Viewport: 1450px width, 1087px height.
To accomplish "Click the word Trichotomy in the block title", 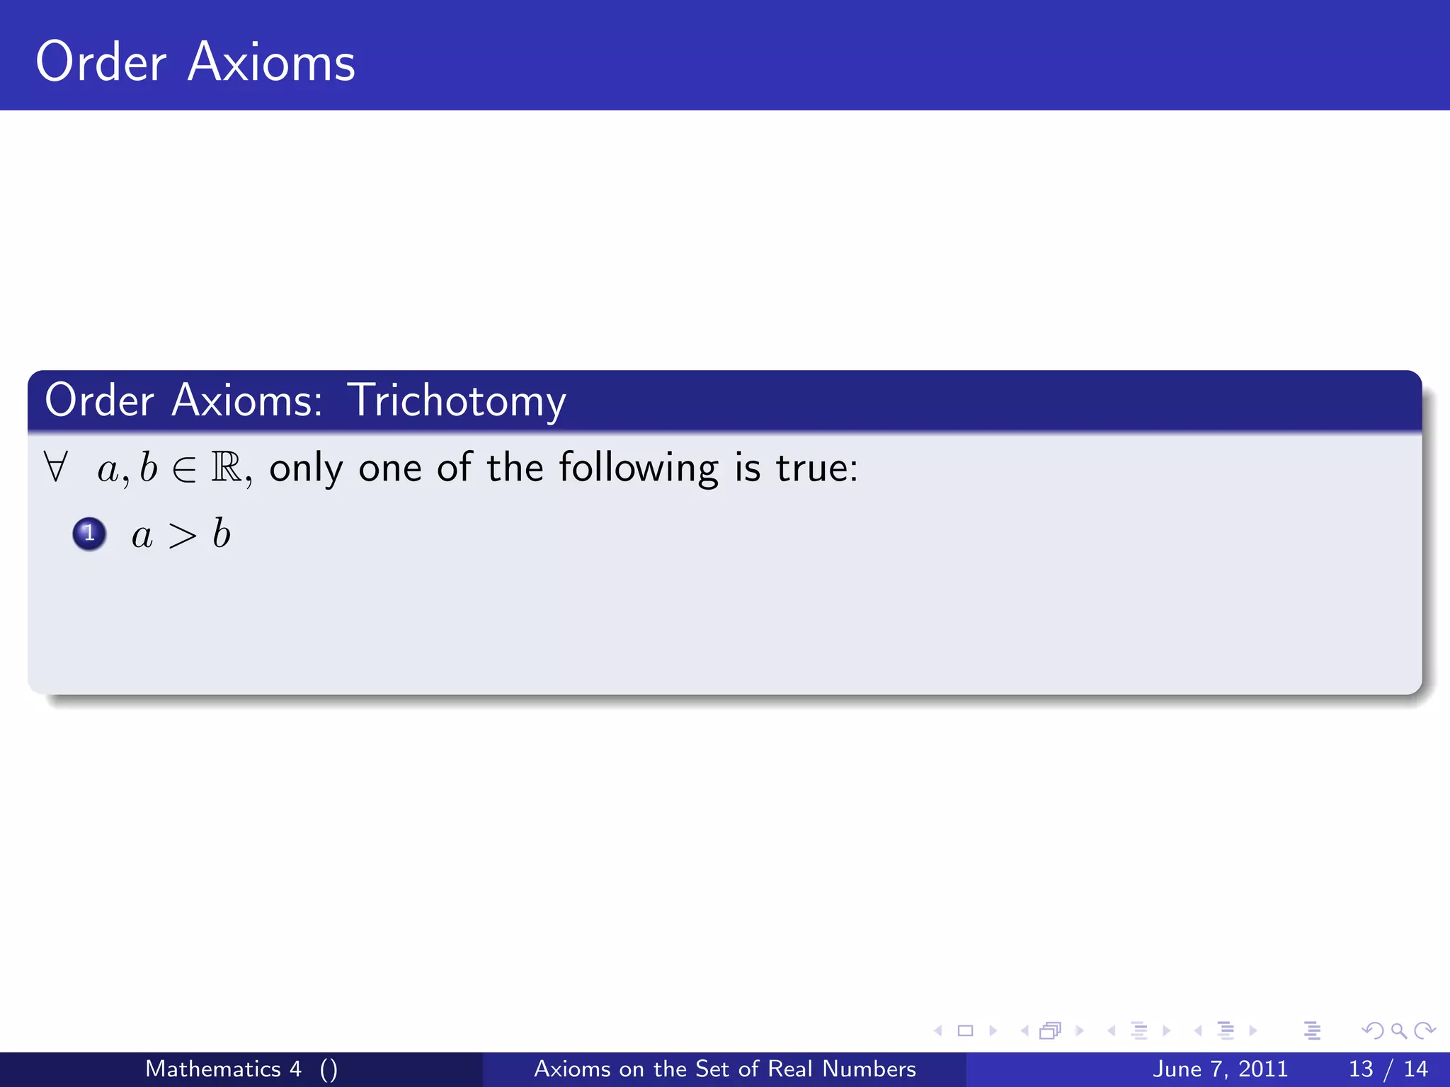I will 457,401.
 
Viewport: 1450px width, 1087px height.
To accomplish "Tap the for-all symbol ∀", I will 55,467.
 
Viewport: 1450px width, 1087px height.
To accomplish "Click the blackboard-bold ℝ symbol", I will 227,468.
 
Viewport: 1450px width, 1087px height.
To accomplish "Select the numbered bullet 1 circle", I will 89,534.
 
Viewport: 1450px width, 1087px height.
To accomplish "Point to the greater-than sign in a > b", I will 182,536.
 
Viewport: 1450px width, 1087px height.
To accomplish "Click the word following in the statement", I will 639,468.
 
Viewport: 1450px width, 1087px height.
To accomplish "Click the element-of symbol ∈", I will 184,469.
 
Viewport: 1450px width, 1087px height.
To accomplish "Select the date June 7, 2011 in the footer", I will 1220,1069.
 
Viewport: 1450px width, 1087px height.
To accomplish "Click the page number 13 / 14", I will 1388,1069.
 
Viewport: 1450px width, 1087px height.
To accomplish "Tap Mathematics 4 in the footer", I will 223,1069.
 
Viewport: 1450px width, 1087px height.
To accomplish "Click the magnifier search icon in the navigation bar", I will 1398,1030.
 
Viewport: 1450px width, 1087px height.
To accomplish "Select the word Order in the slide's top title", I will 101,62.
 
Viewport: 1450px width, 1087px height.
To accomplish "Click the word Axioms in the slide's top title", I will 271,62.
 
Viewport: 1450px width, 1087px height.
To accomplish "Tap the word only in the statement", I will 306,468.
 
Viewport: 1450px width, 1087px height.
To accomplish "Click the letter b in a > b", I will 222,534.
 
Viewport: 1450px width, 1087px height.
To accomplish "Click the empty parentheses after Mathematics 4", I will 329,1069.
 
